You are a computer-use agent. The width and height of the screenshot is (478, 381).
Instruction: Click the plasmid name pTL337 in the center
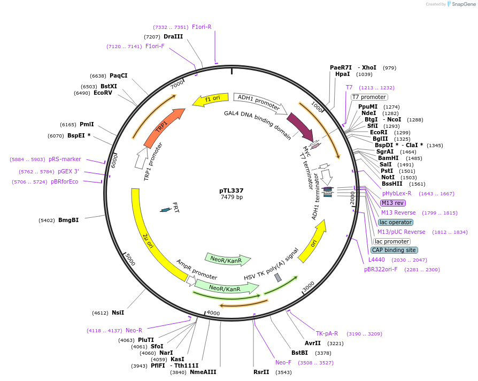pyautogui.click(x=232, y=190)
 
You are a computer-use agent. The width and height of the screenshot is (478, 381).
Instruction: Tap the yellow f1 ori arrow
pyautogui.click(x=209, y=100)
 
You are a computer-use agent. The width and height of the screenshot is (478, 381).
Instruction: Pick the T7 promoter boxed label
pyautogui.click(x=369, y=97)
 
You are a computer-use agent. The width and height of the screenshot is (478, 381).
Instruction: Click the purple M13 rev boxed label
pyautogui.click(x=392, y=203)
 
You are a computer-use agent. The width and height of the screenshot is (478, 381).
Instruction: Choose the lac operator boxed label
pyautogui.click(x=395, y=222)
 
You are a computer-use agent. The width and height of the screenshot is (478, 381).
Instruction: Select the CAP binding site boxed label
pyautogui.click(x=394, y=250)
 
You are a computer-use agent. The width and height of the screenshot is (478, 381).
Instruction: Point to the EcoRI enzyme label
pyautogui.click(x=379, y=132)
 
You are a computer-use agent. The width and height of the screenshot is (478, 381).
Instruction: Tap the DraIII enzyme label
pyautogui.click(x=173, y=36)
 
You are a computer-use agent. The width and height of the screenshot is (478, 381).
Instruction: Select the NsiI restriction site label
pyautogui.click(x=118, y=313)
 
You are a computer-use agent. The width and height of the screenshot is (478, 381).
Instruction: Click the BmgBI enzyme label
pyautogui.click(x=68, y=220)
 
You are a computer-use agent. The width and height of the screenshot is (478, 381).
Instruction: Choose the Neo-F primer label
pyautogui.click(x=283, y=362)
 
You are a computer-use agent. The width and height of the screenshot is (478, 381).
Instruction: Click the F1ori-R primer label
pyautogui.click(x=202, y=27)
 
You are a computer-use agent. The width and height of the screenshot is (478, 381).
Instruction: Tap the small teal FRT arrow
pyautogui.click(x=166, y=210)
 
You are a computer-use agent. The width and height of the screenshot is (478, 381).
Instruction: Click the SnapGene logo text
pyautogui.click(x=461, y=4)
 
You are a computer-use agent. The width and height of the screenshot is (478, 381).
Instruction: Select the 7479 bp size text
pyautogui.click(x=232, y=197)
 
